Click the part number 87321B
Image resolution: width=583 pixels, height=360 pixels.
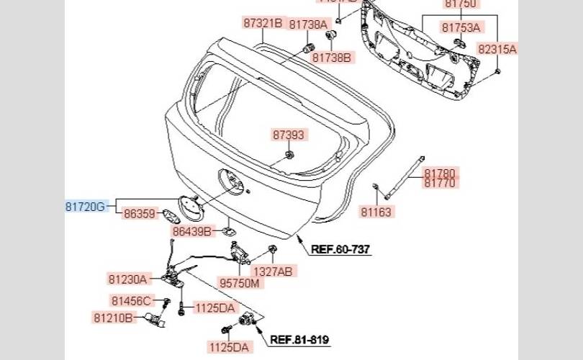pos(263,23)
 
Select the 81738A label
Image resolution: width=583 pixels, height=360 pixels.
pos(309,24)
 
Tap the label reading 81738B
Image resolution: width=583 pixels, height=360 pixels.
pos(331,56)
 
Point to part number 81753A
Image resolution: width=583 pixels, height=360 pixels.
pos(461,28)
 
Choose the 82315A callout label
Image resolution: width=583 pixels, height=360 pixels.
pos(497,49)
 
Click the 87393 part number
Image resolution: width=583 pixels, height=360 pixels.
pos(289,135)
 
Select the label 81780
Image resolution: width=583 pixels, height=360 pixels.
pos(440,174)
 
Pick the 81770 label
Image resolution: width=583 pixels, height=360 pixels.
pos(440,184)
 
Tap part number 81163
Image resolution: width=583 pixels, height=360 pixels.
pos(376,212)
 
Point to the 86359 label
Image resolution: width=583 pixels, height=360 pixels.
pos(139,214)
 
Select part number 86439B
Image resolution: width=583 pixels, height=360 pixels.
pos(191,232)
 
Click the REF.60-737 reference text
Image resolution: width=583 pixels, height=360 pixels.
pos(340,250)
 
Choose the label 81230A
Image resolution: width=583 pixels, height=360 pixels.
pos(128,279)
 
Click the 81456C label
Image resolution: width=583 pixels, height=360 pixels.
pos(130,301)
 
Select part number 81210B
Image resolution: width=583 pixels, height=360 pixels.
pos(113,318)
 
